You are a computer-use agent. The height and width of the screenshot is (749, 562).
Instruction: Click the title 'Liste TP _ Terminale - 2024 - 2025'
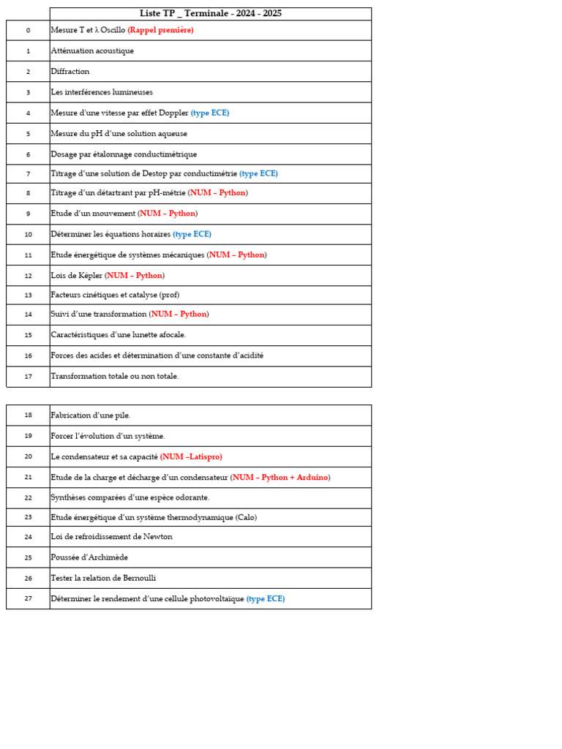(211, 14)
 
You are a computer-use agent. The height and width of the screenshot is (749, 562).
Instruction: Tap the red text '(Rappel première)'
(160, 31)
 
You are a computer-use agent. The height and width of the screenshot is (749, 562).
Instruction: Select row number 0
(28, 31)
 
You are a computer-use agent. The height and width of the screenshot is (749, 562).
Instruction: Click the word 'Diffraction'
(70, 72)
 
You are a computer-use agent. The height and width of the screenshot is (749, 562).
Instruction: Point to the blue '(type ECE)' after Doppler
(210, 113)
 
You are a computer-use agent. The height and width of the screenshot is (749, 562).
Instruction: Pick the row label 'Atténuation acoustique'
(92, 51)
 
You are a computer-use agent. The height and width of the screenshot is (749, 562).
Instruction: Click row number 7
(28, 174)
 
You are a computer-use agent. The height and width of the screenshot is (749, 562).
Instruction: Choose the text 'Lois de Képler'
(77, 276)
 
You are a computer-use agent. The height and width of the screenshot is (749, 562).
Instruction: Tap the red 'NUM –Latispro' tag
(192, 457)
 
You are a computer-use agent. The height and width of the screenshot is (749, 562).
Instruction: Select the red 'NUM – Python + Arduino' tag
(280, 478)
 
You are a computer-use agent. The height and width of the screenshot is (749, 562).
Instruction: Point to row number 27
(28, 598)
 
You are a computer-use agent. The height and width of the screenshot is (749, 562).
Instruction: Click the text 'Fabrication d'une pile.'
(91, 415)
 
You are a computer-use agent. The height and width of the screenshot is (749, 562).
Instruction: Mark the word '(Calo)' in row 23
(246, 518)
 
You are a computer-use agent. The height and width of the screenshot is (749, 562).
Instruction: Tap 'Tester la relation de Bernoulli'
(103, 578)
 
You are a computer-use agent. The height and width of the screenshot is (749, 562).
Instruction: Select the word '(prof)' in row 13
(169, 296)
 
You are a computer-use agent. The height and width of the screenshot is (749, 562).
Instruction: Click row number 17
(28, 377)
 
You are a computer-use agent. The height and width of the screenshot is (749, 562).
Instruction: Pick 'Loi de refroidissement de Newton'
(111, 537)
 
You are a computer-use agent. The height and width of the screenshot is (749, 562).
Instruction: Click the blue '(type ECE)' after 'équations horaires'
(192, 235)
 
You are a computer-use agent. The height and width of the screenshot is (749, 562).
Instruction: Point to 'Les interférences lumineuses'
(102, 92)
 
